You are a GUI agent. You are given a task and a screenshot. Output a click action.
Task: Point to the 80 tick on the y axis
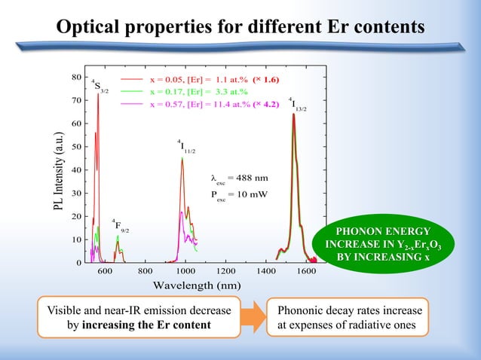coord(76,77)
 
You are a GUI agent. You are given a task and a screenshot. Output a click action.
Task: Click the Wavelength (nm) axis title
coord(196,286)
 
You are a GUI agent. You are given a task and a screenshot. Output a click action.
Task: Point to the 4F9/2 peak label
coord(120,225)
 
